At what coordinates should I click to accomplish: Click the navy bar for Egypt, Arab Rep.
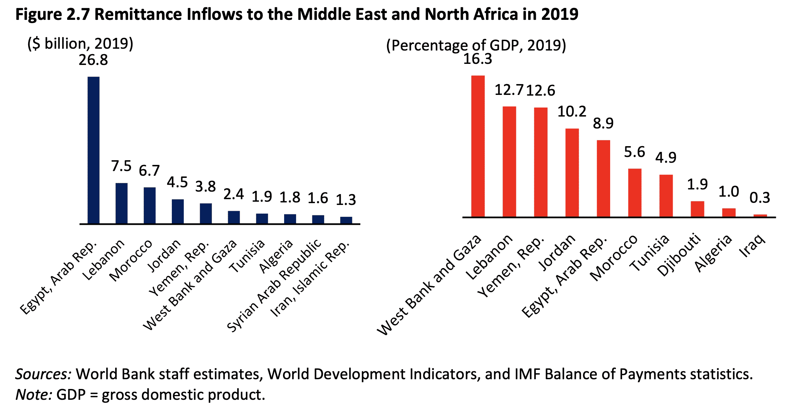tap(94, 150)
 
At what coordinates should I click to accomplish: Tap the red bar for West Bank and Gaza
tap(478, 146)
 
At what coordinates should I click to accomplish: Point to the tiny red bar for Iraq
tap(760, 216)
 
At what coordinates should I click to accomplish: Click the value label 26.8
tap(93, 60)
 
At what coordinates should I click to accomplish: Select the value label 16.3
tap(477, 59)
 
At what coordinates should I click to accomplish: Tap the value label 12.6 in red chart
tap(540, 91)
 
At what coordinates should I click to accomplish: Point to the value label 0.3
tap(760, 198)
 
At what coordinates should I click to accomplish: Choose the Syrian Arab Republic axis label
tap(274, 285)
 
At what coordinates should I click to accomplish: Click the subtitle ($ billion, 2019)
tap(81, 44)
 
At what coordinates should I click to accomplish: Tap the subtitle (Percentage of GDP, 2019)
tap(476, 45)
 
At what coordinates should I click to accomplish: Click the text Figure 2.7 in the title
tap(52, 14)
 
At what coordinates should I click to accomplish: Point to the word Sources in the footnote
tap(43, 374)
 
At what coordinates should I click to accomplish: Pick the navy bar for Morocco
tap(149, 205)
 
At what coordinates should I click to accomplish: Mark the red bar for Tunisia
tap(666, 196)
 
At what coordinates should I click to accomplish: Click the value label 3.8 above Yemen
tap(205, 187)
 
